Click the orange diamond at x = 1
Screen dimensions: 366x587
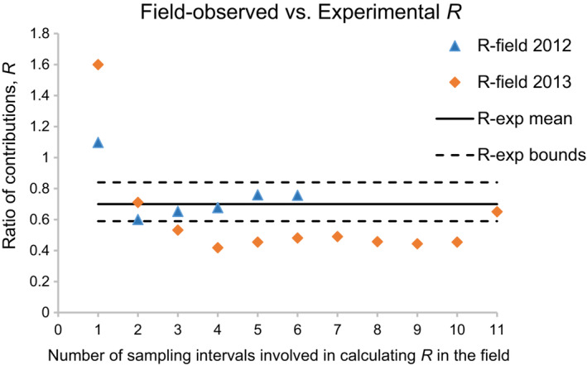pos(98,65)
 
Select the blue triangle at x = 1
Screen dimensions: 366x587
pos(98,142)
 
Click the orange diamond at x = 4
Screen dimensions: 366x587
pos(218,248)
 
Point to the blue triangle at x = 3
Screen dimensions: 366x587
pos(177,211)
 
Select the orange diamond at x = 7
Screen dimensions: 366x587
pos(337,237)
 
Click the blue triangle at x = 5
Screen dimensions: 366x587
pos(257,195)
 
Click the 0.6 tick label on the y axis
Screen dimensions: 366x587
pos(37,220)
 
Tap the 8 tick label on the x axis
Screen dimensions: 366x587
pos(377,328)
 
